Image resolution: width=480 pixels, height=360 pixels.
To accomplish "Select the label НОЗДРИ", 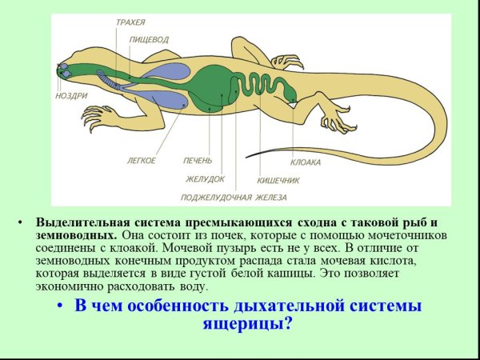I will [70, 95].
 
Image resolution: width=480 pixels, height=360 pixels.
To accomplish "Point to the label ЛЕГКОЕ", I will [141, 161].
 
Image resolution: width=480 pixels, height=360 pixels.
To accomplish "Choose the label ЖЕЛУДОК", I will [205, 178].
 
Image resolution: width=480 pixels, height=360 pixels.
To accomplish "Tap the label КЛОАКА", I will [305, 162].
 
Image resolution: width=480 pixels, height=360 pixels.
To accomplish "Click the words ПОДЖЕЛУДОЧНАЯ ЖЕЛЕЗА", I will [233, 197].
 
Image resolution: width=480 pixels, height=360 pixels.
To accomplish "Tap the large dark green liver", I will [217, 86].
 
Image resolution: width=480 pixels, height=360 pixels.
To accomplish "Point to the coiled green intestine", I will [264, 87].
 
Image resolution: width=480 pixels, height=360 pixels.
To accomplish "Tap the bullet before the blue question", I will [59, 307].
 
